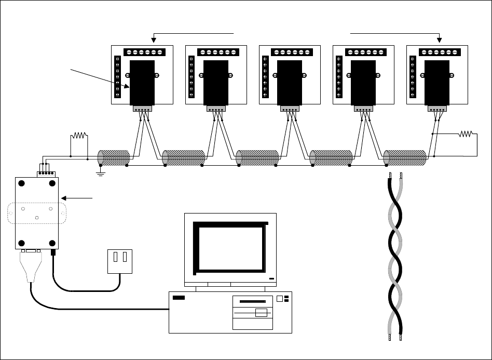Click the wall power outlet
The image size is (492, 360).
(x=120, y=261)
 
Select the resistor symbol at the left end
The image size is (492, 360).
(x=79, y=137)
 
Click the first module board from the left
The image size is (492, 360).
(x=142, y=74)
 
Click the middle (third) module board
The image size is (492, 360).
(x=290, y=74)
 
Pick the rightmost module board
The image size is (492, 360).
(x=437, y=74)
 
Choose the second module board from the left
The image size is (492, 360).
(x=216, y=74)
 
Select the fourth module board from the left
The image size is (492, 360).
(x=363, y=74)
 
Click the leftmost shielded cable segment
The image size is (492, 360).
(x=114, y=158)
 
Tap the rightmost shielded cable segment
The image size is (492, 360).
(x=405, y=158)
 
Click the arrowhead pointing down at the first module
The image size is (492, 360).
(x=154, y=39)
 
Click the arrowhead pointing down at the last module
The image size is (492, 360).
(x=440, y=39)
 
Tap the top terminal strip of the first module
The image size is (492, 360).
(x=145, y=52)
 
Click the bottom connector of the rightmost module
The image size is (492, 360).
(x=436, y=109)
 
